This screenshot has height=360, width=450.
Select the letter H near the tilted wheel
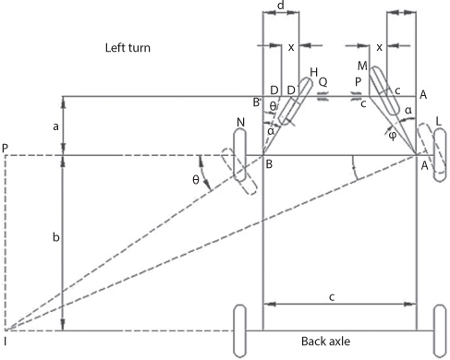tap(314, 72)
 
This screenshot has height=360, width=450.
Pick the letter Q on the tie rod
tap(322, 80)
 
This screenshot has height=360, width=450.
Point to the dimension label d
tap(280, 6)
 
